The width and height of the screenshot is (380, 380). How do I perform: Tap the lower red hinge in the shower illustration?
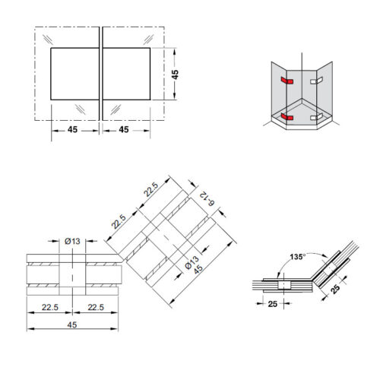285,116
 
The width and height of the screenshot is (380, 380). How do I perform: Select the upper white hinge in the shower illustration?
317,79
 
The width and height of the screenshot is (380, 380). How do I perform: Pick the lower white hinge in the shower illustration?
318,116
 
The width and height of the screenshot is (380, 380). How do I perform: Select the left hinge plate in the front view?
74,73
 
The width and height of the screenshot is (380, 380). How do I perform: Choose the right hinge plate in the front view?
125,73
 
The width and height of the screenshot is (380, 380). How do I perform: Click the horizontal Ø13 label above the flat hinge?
72,241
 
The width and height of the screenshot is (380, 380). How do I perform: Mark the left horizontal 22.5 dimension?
49,307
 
